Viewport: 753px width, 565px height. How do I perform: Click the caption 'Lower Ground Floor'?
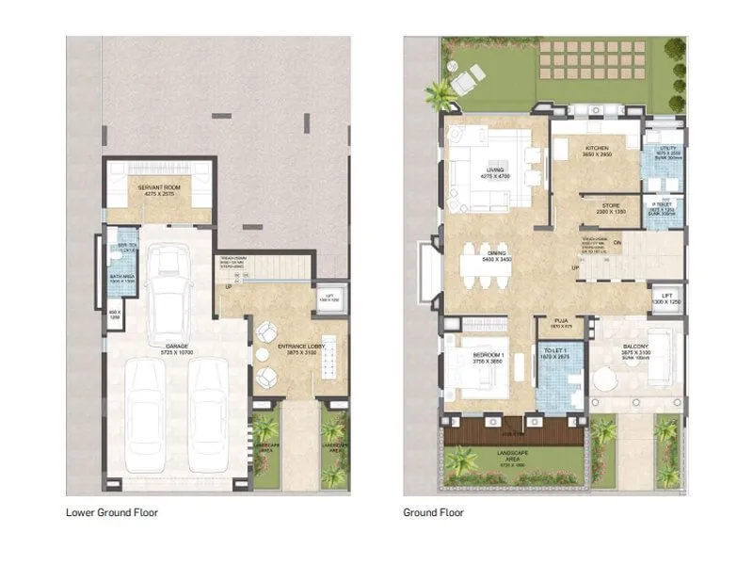[x=111, y=513]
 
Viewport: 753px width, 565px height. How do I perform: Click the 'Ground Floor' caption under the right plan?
[x=434, y=513]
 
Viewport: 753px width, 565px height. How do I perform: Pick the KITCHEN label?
[x=596, y=149]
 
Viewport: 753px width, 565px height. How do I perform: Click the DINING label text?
[x=495, y=253]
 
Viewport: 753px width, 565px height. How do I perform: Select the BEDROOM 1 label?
[x=489, y=355]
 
